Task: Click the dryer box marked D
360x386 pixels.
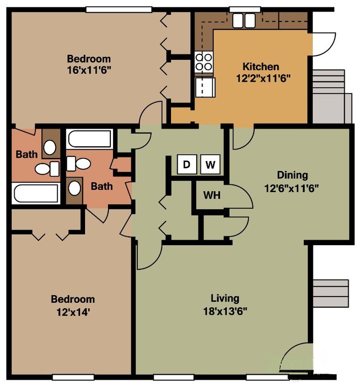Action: [186, 165]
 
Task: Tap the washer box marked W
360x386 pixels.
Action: [210, 165]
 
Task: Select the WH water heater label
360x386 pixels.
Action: [212, 195]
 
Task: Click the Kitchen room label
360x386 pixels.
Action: [260, 67]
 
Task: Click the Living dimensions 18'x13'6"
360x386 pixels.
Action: [225, 311]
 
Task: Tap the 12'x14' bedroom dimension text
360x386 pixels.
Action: [73, 312]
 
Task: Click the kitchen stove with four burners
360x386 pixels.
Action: [204, 62]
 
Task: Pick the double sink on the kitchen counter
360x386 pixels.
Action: [243, 21]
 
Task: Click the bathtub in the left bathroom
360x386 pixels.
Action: [36, 193]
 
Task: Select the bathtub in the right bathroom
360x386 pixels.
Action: [89, 139]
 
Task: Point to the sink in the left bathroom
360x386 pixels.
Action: [49, 147]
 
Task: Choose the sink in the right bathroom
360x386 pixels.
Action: [74, 188]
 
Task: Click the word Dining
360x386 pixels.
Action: [292, 175]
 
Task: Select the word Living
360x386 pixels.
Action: [225, 299]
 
